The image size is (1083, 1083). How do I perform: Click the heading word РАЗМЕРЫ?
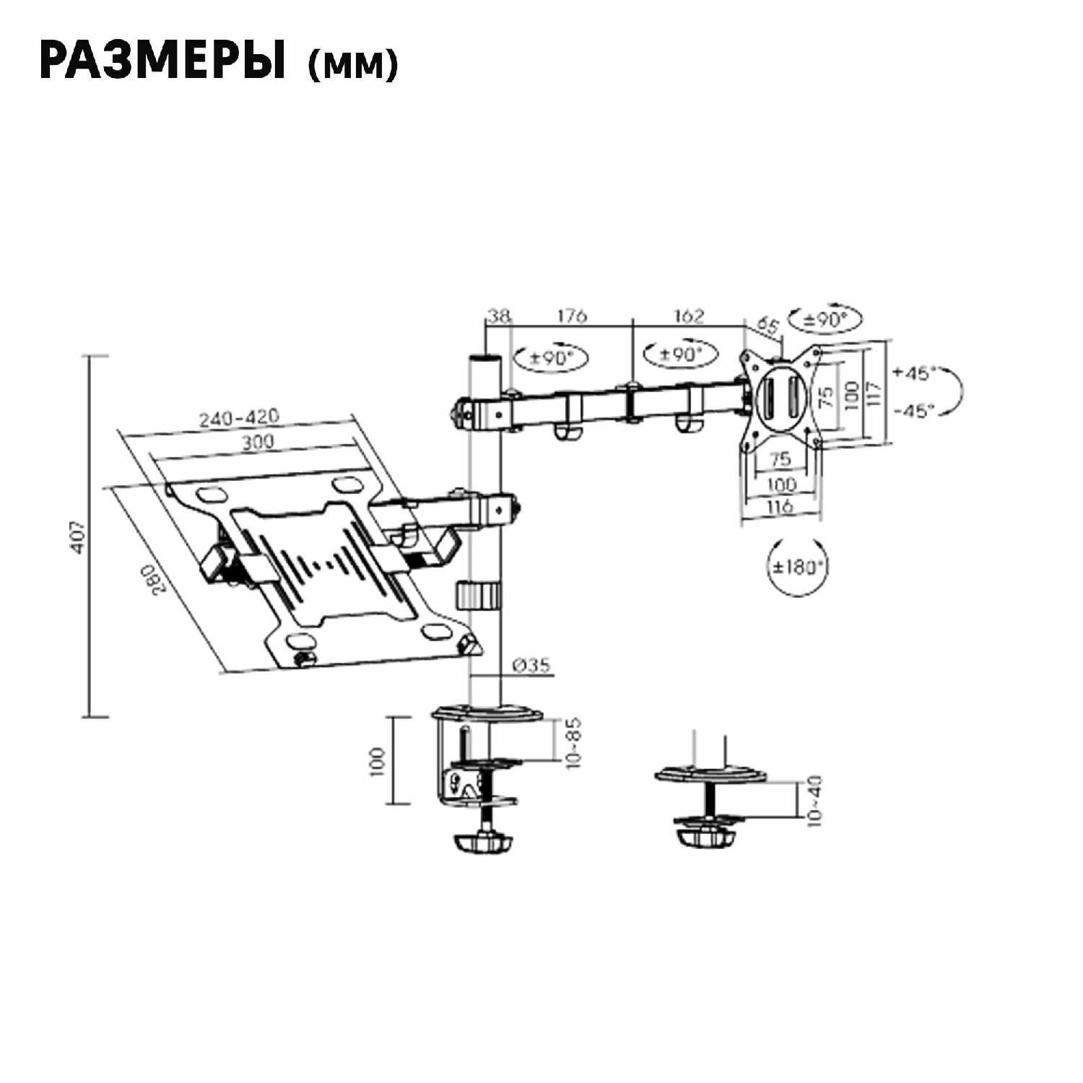click(162, 61)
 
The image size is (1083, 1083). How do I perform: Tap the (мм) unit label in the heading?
click(352, 65)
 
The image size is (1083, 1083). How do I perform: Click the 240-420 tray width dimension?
click(239, 417)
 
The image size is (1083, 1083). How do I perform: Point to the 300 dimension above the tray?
click(257, 441)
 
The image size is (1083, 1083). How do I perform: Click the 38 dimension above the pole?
click(498, 316)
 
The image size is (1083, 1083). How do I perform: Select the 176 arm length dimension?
click(571, 316)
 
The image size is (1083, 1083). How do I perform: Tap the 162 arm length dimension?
click(688, 316)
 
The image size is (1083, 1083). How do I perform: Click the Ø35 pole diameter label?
click(531, 665)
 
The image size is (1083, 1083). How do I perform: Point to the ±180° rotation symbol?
click(797, 566)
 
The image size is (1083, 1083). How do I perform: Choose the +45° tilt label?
click(914, 373)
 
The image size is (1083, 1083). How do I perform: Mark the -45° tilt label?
click(914, 411)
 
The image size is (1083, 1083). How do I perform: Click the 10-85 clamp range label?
click(574, 742)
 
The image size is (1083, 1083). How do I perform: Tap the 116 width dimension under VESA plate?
click(780, 506)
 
